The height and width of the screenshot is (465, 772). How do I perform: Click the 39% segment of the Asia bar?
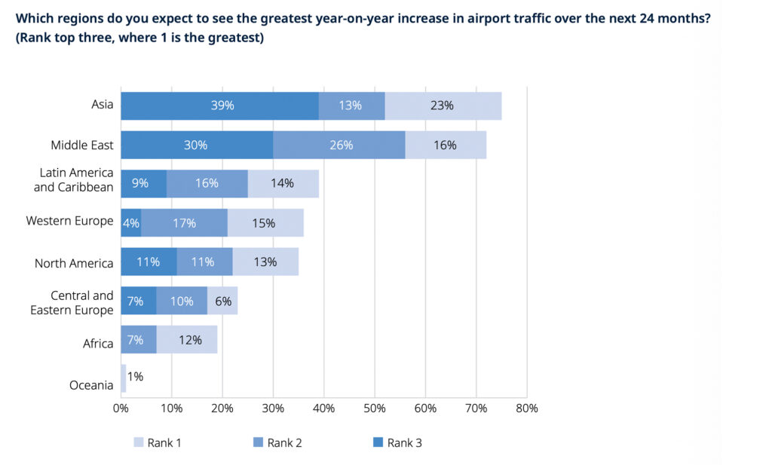(x=219, y=106)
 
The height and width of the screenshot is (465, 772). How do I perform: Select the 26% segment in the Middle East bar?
(x=339, y=145)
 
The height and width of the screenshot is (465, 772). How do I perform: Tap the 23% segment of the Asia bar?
(x=443, y=106)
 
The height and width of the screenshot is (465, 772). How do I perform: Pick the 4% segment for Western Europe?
(x=130, y=223)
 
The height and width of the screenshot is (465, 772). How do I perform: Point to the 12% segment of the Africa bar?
(x=187, y=340)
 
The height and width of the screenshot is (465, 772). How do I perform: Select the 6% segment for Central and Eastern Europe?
(x=222, y=301)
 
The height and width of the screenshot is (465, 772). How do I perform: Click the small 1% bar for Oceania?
(x=123, y=378)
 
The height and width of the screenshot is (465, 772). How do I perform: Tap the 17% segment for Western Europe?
(x=184, y=223)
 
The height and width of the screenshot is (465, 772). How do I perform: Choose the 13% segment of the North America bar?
(x=265, y=262)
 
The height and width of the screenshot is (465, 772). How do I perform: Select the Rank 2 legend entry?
(x=277, y=442)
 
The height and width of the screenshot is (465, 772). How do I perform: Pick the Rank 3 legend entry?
(x=397, y=442)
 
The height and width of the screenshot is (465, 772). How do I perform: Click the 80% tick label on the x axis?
(x=527, y=408)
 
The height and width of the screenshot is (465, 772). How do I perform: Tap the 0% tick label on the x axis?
(x=121, y=408)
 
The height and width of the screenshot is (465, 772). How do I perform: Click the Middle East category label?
(x=82, y=145)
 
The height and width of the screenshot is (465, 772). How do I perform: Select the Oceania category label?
(x=91, y=386)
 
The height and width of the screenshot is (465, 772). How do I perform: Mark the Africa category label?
(x=98, y=344)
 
